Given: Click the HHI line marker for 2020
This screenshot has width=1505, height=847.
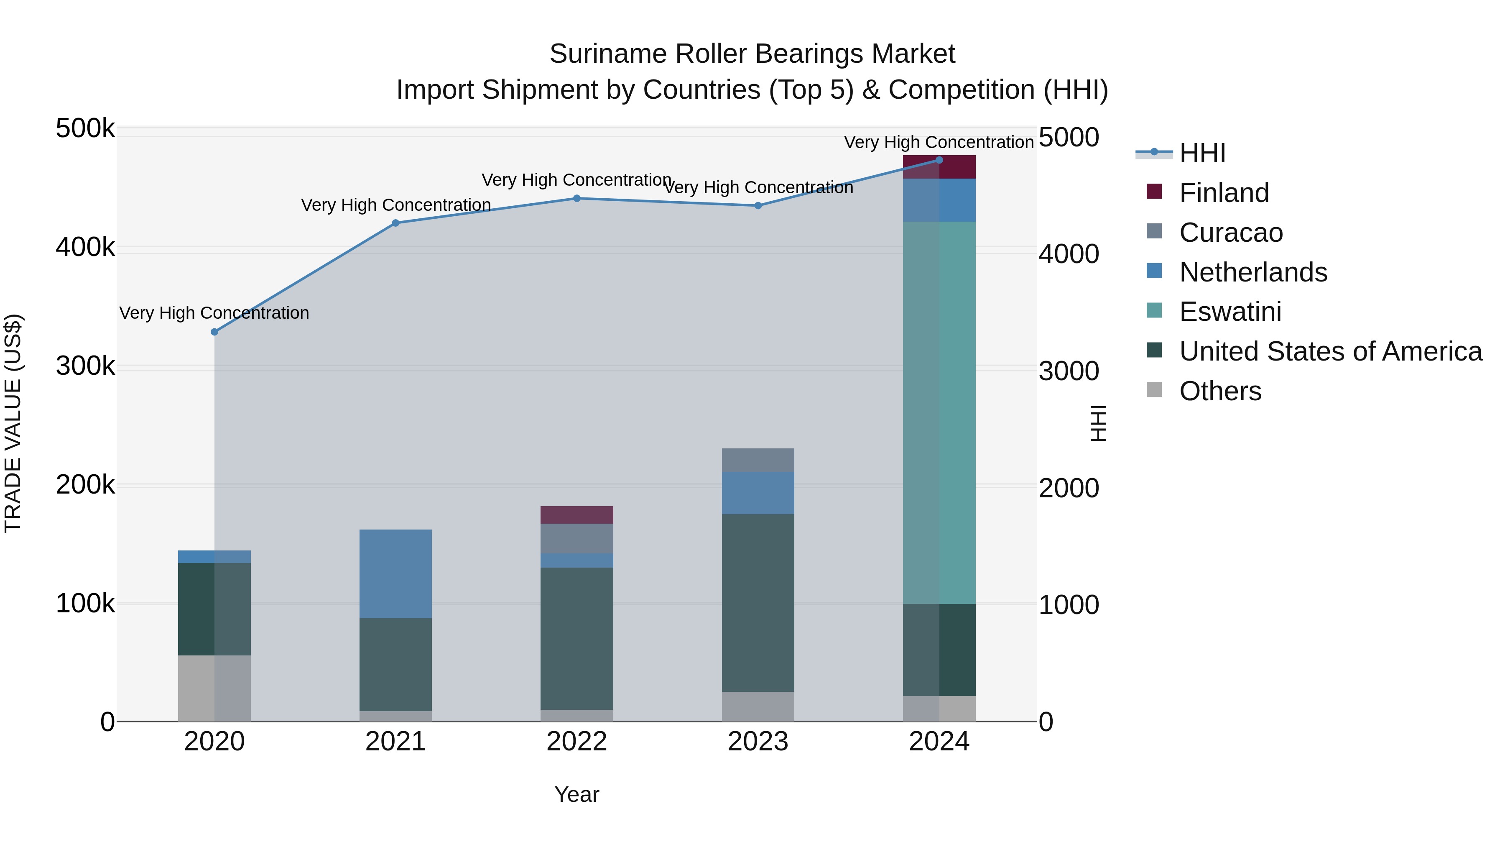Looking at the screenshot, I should click(214, 332).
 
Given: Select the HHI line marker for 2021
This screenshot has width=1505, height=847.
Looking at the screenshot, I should click(395, 223).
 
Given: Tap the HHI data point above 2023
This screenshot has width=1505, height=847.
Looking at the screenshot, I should click(758, 206).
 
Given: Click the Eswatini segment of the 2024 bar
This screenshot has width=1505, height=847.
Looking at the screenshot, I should click(939, 412).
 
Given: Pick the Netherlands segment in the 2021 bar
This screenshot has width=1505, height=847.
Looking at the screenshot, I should click(395, 573).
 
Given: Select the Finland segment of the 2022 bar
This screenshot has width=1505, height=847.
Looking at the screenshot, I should click(576, 515).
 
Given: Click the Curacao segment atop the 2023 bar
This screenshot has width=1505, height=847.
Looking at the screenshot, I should click(758, 460).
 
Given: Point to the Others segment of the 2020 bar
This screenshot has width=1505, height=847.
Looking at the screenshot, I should click(214, 688).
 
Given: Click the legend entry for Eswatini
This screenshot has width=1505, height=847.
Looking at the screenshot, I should click(1230, 312).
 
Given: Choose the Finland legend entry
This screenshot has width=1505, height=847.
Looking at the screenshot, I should click(1224, 193).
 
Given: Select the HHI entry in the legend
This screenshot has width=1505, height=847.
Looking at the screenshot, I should click(1202, 153).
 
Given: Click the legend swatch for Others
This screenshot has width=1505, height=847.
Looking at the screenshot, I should click(1154, 390).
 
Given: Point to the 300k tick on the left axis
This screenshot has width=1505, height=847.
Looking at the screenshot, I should click(85, 366).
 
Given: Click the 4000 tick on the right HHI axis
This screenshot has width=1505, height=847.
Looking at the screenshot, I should click(1069, 254).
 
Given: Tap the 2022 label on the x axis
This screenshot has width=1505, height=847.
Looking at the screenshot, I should click(576, 742).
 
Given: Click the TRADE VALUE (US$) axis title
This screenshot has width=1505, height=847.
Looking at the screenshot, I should click(13, 423).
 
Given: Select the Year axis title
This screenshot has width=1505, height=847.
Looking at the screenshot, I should click(576, 794).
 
